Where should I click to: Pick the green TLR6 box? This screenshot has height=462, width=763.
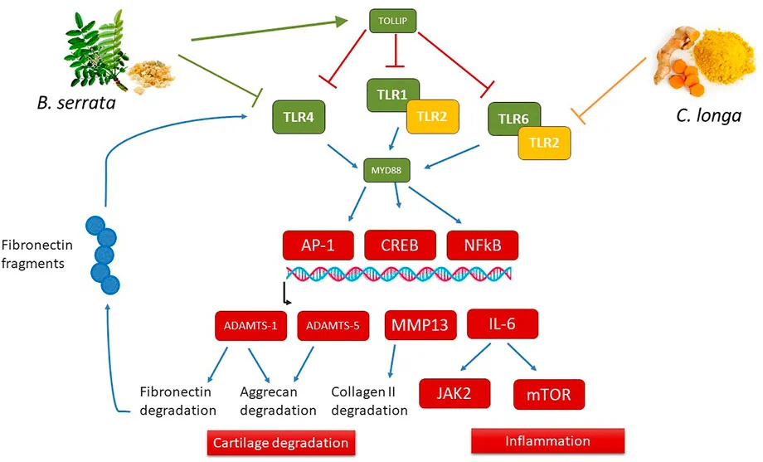(510, 119)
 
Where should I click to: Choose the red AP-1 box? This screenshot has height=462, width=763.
(318, 246)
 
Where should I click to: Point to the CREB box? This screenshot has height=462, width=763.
(401, 246)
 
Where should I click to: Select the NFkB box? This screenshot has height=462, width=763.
(483, 246)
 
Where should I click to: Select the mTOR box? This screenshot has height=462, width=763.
(549, 392)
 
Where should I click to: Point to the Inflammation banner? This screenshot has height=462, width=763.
(548, 440)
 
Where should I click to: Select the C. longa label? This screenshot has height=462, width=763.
(710, 115)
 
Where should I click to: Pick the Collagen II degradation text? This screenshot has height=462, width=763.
(370, 400)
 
